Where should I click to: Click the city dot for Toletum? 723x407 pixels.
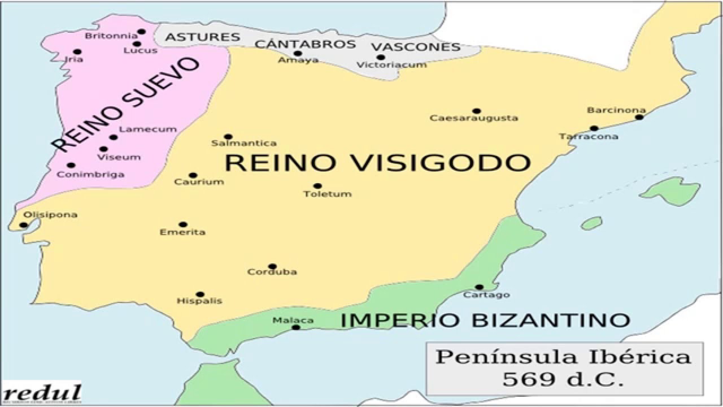point(317,186)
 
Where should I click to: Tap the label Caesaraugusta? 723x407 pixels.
point(473,118)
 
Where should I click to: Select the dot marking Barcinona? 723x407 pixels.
point(639,117)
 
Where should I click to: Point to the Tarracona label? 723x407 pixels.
point(589,136)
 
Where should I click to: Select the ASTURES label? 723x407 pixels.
point(202,37)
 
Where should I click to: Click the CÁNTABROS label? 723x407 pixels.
point(305,44)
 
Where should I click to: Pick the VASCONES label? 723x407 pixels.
point(416,47)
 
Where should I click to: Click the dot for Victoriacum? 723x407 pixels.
point(381,57)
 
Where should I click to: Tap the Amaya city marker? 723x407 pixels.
point(298,54)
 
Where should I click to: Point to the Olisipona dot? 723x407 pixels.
point(23,225)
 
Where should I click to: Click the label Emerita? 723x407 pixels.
point(182,232)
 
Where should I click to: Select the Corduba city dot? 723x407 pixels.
point(272,266)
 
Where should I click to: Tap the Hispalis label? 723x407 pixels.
point(199,301)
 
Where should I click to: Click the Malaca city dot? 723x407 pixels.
point(295,327)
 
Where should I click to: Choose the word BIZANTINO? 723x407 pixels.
point(551,320)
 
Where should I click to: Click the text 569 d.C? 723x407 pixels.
point(563,379)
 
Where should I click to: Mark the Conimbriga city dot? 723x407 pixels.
point(71,166)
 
